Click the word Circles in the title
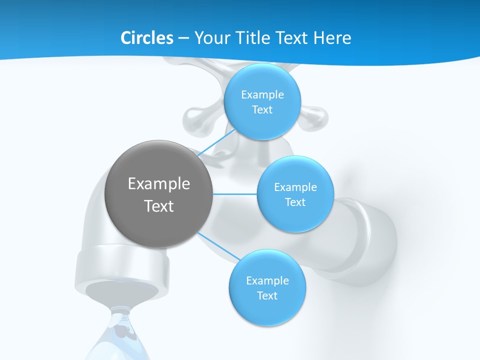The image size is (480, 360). [x=147, y=38]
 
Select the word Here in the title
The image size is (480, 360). [x=332, y=38]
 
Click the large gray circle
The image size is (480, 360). [x=159, y=194]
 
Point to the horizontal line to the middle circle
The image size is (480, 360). [x=235, y=194]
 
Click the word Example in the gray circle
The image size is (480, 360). [x=159, y=184]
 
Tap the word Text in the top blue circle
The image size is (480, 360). [x=262, y=110]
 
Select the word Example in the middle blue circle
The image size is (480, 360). [x=295, y=187]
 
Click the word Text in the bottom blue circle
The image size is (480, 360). [x=267, y=296]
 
